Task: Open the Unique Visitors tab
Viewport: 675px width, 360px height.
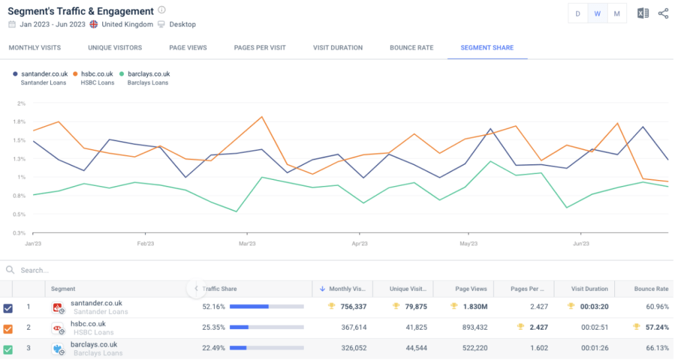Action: tap(115, 47)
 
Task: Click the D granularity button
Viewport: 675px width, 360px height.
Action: tap(578, 14)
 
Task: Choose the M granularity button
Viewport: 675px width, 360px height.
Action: tap(617, 14)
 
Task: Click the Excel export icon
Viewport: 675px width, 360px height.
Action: tap(643, 14)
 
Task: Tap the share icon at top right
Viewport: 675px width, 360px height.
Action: tap(663, 14)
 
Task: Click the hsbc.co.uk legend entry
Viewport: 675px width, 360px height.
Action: tap(96, 74)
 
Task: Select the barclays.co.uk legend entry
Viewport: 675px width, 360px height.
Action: tap(148, 74)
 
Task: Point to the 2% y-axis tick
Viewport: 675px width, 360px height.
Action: tap(21, 104)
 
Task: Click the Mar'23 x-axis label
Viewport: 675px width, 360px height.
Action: tap(247, 243)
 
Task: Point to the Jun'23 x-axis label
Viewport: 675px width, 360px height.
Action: tap(581, 243)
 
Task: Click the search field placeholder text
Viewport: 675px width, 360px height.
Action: tap(34, 270)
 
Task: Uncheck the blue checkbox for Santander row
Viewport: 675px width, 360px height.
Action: tap(8, 308)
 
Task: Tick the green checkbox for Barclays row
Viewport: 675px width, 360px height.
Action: tap(8, 349)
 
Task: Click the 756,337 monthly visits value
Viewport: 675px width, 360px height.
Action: tap(350, 307)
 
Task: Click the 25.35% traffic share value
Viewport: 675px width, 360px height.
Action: tap(213, 327)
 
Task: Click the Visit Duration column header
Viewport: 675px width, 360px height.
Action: tap(589, 289)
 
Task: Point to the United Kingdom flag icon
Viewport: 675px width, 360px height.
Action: tap(94, 24)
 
